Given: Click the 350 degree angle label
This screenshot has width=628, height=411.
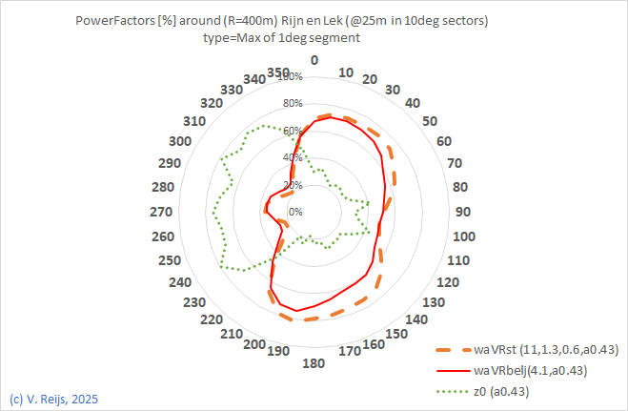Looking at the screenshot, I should point(278,72).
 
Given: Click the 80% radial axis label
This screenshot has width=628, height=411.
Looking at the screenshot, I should point(292,103).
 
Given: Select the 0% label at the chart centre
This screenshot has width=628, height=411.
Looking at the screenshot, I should point(295,212).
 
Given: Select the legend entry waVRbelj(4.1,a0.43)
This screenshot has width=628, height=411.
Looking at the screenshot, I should point(529,371).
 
